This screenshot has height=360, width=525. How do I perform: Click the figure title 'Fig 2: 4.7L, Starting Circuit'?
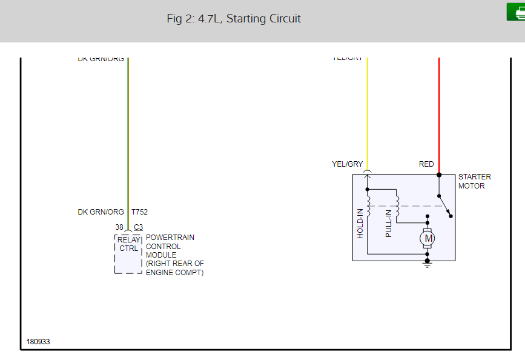[234, 19]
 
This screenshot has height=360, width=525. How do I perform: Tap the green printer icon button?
[517, 12]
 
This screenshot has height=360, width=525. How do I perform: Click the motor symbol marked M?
[429, 239]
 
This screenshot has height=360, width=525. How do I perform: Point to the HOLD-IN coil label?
[360, 223]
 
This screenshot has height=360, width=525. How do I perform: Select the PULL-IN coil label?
[389, 222]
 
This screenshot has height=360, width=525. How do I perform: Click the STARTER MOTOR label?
[474, 181]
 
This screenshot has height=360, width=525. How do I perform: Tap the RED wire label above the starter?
[426, 164]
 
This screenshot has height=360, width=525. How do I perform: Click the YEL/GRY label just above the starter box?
[347, 164]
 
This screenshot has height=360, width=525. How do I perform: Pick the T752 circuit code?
[139, 212]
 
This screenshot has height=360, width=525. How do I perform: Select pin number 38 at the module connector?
[119, 227]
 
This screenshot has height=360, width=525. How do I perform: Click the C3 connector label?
[138, 227]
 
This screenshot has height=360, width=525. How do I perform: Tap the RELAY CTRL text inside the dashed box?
[128, 244]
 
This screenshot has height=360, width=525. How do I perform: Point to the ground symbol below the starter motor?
[428, 264]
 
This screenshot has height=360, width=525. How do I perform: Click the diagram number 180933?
[38, 342]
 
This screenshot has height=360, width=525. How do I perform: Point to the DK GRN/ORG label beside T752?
[101, 212]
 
